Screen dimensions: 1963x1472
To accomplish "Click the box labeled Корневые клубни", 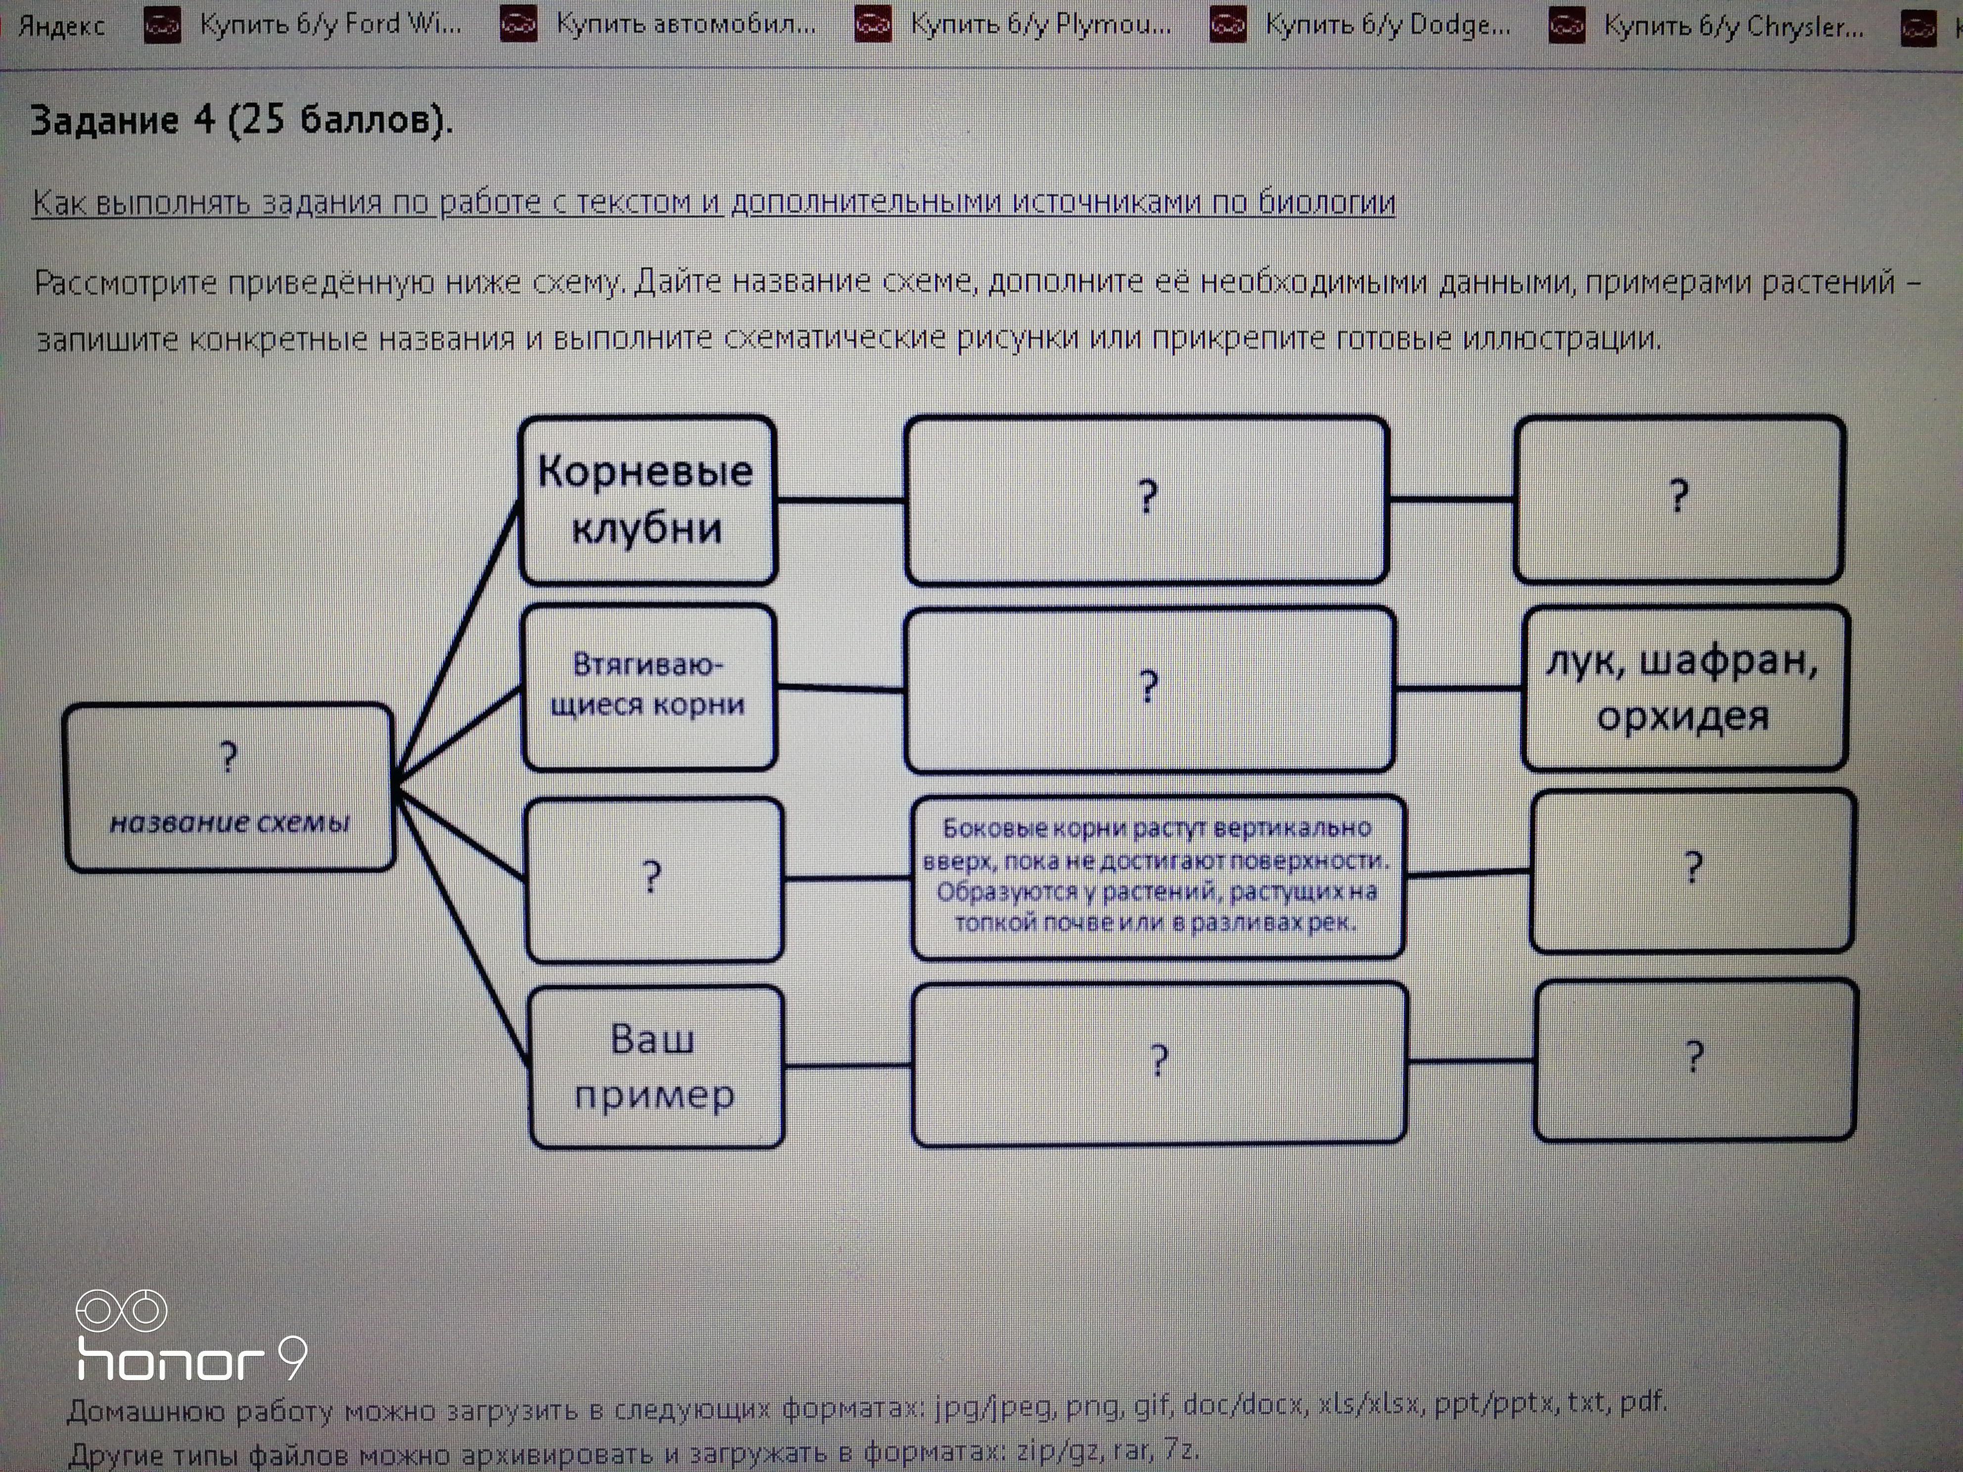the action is [x=647, y=501].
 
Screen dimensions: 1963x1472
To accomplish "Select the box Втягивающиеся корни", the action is [x=649, y=687].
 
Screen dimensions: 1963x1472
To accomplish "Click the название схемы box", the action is [x=229, y=788].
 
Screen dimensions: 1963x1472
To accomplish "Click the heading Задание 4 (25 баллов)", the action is [x=241, y=120].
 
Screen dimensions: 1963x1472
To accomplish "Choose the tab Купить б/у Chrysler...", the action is [x=1706, y=27].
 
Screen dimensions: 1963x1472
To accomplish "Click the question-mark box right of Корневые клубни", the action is [x=1147, y=500].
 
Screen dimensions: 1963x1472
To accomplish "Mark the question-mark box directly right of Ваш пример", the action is [x=1159, y=1063].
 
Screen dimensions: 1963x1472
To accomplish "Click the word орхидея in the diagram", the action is [x=1683, y=716].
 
